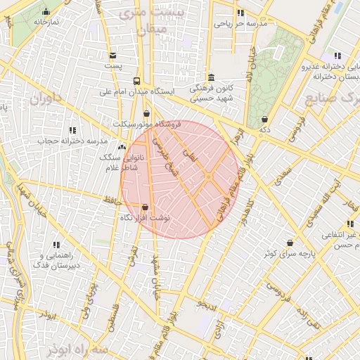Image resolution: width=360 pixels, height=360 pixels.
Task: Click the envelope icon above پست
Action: (112, 55)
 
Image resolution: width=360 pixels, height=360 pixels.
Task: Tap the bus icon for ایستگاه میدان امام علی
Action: (136, 80)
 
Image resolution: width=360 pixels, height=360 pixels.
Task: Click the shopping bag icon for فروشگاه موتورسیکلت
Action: (146, 113)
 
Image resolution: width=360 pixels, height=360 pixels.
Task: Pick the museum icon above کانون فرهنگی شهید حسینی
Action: (211, 77)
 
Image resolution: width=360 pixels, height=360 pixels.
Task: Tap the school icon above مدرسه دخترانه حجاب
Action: (72, 130)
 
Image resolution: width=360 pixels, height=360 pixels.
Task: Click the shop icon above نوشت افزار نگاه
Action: (146, 207)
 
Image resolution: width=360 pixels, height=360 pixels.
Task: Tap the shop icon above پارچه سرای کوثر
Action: (290, 243)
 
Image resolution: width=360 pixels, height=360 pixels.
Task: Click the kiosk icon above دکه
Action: (264, 120)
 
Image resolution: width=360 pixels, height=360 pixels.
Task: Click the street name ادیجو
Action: (209, 304)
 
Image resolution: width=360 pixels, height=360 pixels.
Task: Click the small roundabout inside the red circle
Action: (209, 176)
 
